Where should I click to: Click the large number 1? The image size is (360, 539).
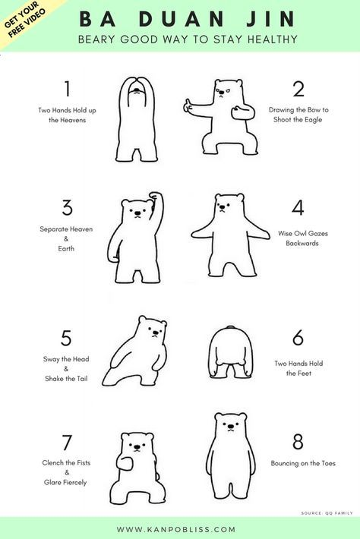click(68, 88)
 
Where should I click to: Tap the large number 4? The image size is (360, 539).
click(298, 207)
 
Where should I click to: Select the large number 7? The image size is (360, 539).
click(67, 443)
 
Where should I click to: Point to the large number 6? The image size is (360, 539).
click(298, 337)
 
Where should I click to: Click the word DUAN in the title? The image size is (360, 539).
click(182, 19)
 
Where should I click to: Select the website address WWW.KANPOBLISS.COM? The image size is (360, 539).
click(176, 529)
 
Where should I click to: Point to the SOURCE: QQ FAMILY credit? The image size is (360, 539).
click(327, 513)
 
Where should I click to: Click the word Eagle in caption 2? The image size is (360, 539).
click(313, 120)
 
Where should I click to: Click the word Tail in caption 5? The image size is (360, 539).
click(81, 379)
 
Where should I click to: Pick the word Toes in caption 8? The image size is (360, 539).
click(328, 463)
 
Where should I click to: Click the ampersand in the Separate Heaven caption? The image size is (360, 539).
click(66, 238)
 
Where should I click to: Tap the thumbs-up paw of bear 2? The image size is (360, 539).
click(188, 106)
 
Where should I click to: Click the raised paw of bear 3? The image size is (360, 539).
click(155, 197)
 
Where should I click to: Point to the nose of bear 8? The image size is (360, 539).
click(230, 427)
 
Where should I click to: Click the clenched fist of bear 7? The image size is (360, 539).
click(125, 462)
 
